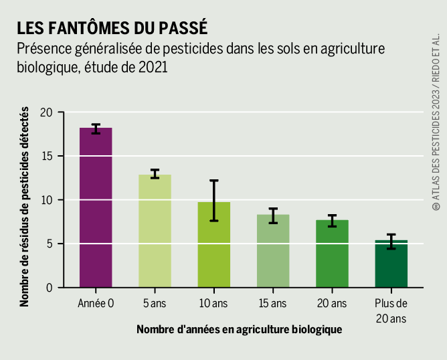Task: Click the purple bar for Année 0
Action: pos(96,207)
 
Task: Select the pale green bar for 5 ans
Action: pos(155,231)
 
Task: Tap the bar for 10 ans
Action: pos(214,245)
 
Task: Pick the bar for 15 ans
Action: pos(273,251)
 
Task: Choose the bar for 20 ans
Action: pos(332,254)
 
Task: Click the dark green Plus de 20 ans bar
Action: pos(391,264)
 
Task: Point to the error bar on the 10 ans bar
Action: pos(214,200)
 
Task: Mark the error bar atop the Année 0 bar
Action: pos(96,128)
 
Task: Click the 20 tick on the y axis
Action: pos(46,112)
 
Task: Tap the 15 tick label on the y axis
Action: pos(46,156)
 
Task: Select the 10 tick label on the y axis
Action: pos(46,200)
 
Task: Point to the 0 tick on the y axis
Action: pos(50,288)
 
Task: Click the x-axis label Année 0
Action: pos(96,304)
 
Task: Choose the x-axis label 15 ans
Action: pos(273,304)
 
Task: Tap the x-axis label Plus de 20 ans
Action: pos(391,310)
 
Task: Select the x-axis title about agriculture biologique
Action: pos(239,329)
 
